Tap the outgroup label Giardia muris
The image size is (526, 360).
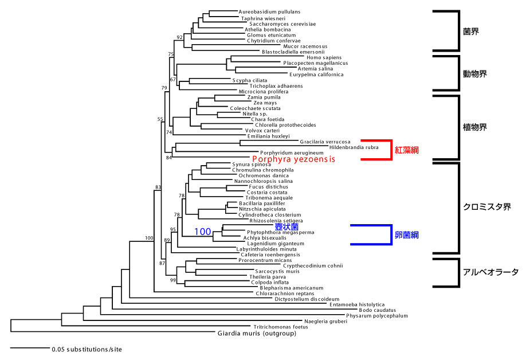pyautogui.click(x=257, y=333)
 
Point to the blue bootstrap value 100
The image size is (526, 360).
pyautogui.click(x=203, y=232)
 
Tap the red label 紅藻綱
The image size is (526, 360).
pyautogui.click(x=407, y=150)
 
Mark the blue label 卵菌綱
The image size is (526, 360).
pyautogui.click(x=407, y=234)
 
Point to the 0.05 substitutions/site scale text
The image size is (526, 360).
pyautogui.click(x=87, y=349)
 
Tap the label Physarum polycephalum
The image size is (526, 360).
pyautogui.click(x=376, y=316)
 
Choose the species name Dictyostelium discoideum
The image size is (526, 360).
pyautogui.click(x=307, y=299)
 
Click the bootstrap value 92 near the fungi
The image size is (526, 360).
pyautogui.click(x=179, y=37)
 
